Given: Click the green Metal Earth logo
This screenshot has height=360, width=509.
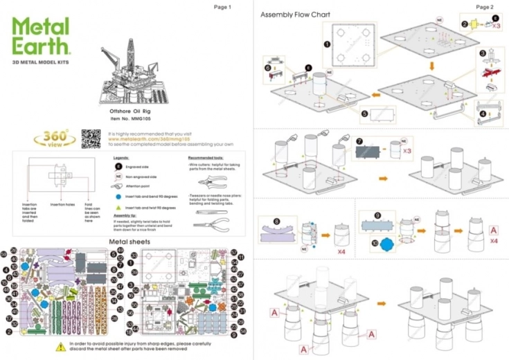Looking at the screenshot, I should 41,37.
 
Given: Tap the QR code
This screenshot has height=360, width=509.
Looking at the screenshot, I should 91,138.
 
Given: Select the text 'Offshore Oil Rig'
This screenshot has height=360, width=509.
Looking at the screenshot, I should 131,111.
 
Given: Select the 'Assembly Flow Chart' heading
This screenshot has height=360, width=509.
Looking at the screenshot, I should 295,15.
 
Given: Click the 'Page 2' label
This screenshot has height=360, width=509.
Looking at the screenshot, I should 485,6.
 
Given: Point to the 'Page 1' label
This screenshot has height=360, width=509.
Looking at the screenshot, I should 222,7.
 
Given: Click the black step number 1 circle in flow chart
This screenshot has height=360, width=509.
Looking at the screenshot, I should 327,43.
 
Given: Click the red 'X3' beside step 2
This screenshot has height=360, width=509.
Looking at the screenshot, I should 496,26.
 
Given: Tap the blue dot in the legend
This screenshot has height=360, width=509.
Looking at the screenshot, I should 118,196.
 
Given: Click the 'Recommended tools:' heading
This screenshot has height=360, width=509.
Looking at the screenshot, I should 204,157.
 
